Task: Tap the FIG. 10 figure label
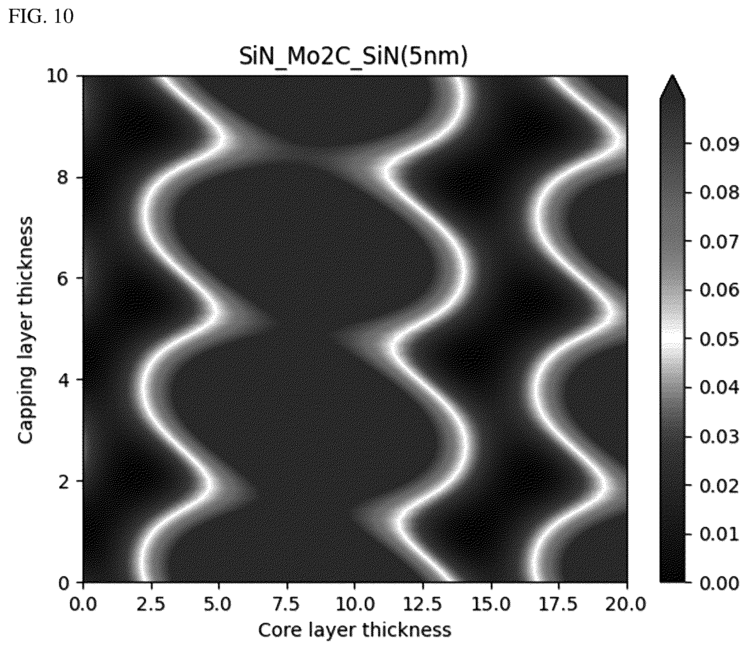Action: coord(41,17)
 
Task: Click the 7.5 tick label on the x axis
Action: coord(287,604)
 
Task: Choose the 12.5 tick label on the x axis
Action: coord(423,604)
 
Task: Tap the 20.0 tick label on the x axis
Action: coord(627,604)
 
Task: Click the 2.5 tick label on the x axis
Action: coord(151,604)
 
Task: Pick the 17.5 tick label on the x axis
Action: coord(559,604)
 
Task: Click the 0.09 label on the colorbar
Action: coord(719,144)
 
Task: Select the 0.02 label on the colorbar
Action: coord(719,486)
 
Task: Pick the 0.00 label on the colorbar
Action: coord(719,583)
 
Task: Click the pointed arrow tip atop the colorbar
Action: coord(672,75)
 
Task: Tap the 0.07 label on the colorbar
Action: coord(719,242)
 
